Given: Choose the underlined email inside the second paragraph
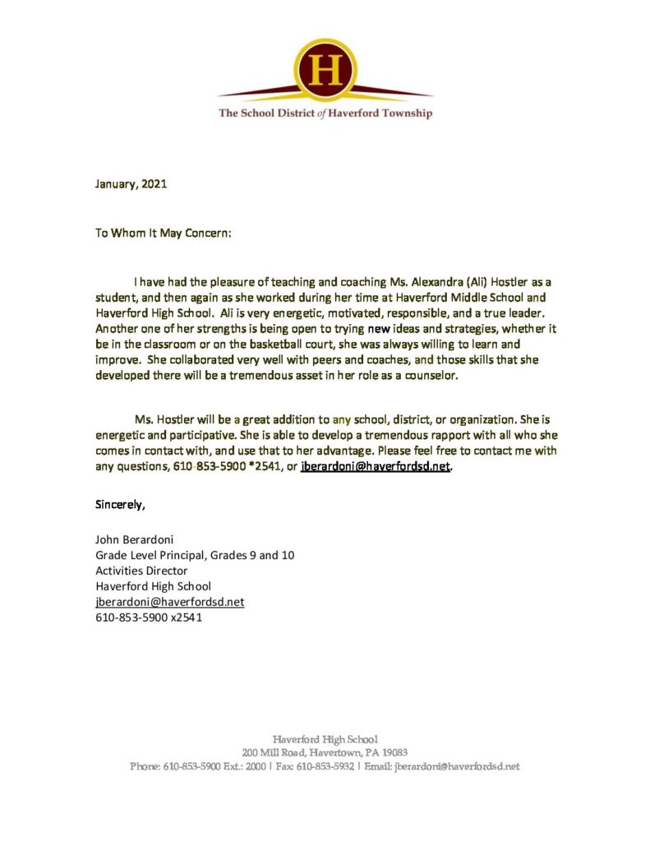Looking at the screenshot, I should (376, 466).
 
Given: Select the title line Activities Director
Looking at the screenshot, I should (141, 571).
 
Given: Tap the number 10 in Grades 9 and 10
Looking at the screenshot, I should (288, 555).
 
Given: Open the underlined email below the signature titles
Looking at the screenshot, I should (170, 602).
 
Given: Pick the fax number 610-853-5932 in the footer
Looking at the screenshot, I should (325, 766).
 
